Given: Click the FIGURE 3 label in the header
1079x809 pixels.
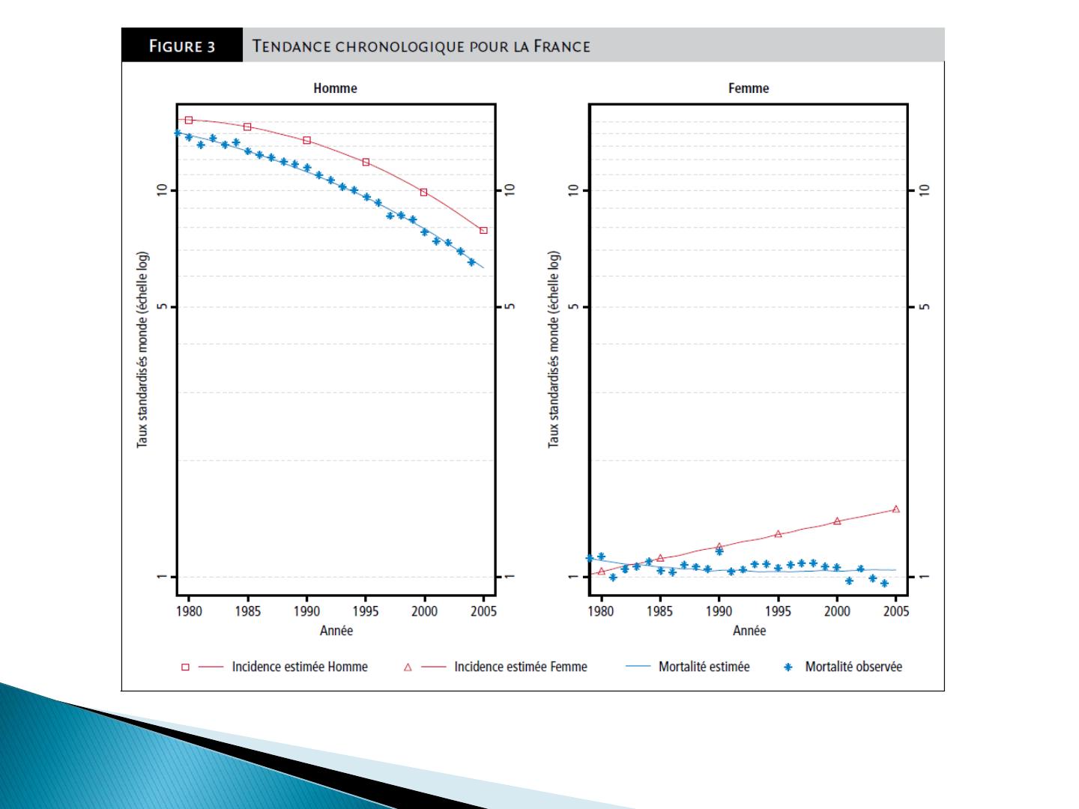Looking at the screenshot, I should [182, 46].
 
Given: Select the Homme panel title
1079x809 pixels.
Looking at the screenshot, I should [335, 88].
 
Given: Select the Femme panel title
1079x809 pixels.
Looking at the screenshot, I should [749, 88].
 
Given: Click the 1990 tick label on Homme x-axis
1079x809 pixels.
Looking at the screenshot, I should [307, 611].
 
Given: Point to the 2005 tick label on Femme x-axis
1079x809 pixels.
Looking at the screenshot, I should [896, 611].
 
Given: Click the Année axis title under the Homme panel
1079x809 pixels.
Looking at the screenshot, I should [336, 631].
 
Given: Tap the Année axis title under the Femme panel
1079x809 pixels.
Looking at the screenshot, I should [749, 631].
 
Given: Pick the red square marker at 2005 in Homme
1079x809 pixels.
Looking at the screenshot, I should [483, 231].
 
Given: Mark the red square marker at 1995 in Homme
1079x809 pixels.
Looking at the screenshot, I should [366, 162].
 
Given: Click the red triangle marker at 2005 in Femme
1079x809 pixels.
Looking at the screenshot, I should [896, 509].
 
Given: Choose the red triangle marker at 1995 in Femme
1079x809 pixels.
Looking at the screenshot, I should [778, 534].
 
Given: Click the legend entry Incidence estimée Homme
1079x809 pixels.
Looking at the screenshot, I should [300, 667].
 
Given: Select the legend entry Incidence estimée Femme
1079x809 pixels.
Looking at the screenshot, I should [521, 667].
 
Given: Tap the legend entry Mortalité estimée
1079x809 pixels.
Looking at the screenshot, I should [704, 667].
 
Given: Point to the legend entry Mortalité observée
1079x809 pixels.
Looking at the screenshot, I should [853, 667].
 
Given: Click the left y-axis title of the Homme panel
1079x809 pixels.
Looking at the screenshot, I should [142, 350].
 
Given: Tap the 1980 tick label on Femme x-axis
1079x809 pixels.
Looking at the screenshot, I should [601, 611].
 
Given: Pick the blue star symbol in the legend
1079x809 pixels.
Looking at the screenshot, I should [788, 667].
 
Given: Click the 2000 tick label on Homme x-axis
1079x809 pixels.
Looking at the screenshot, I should [425, 611].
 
